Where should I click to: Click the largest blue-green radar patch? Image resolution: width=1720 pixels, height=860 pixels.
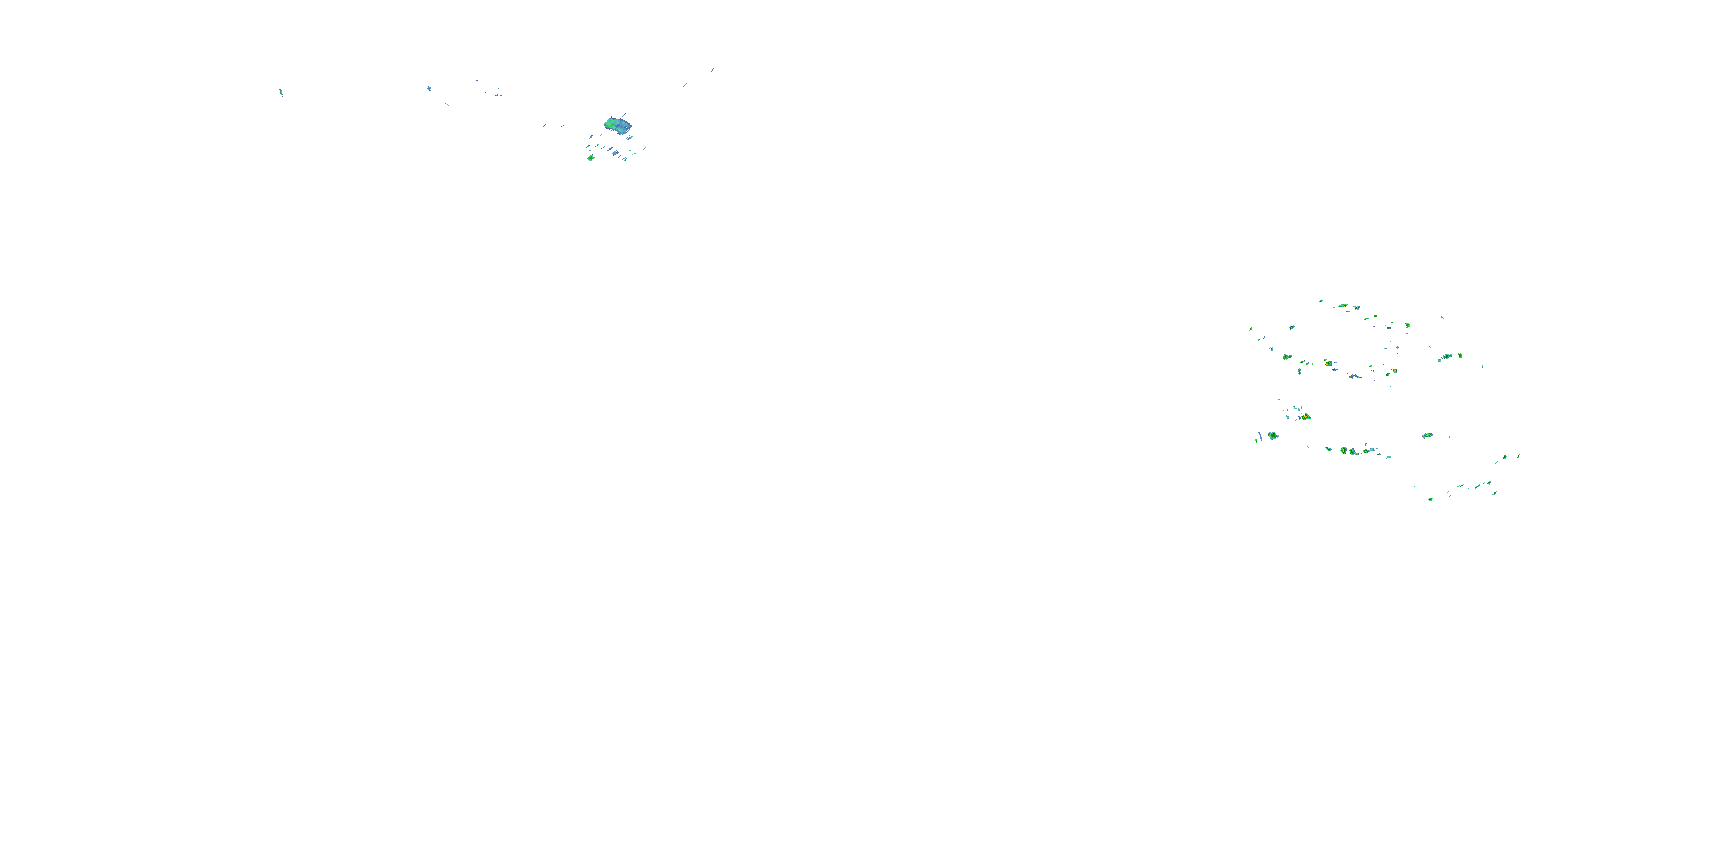click(x=617, y=124)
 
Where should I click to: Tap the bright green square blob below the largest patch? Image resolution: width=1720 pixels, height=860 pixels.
click(x=591, y=158)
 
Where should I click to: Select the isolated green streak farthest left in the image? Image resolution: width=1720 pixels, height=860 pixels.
click(x=281, y=92)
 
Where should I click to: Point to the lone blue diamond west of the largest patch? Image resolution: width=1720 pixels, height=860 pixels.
click(x=429, y=88)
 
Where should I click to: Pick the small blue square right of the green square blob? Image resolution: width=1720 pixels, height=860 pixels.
click(x=615, y=153)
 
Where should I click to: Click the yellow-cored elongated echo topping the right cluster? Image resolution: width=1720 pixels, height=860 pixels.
click(x=1343, y=306)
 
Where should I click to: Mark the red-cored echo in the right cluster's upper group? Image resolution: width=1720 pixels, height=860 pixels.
click(x=1329, y=363)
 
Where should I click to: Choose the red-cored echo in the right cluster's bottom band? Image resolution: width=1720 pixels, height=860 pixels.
click(x=1343, y=451)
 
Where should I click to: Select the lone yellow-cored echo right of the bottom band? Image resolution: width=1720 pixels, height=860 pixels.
click(x=1427, y=435)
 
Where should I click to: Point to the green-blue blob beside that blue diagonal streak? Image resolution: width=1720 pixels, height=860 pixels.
click(x=1273, y=436)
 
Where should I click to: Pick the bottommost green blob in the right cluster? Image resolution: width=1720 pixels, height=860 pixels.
click(x=1430, y=499)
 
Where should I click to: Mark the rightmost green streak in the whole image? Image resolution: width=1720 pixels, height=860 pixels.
click(x=1519, y=456)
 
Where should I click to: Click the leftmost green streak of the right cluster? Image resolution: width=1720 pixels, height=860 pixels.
click(x=1250, y=329)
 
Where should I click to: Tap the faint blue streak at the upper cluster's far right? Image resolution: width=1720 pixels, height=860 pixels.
click(x=713, y=69)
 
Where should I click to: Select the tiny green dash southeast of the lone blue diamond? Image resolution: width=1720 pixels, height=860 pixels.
click(x=447, y=104)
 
